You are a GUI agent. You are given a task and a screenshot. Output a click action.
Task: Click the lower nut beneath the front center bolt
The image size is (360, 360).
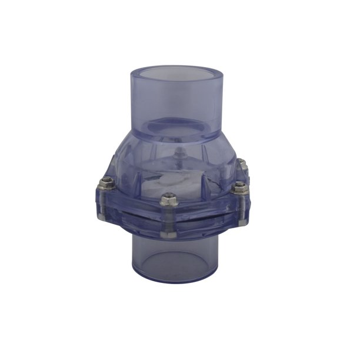pos(167,234)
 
